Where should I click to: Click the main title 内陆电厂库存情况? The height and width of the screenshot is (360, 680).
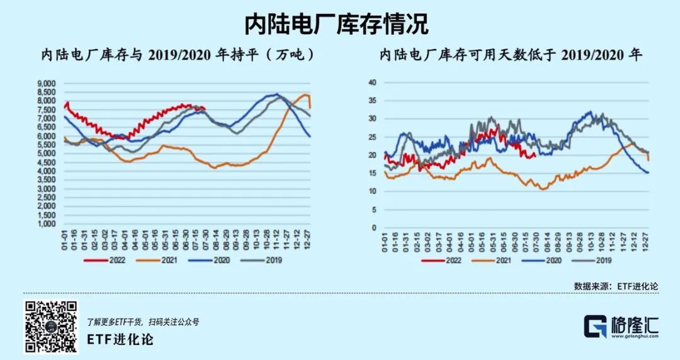pyautogui.click(x=337, y=25)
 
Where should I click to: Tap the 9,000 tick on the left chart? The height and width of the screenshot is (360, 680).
pyautogui.click(x=48, y=83)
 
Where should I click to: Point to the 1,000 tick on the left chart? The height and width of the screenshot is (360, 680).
pyautogui.click(x=48, y=224)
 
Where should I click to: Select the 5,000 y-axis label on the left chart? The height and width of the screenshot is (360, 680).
pyautogui.click(x=48, y=154)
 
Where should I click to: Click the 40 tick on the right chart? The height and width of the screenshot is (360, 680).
pyautogui.click(x=371, y=82)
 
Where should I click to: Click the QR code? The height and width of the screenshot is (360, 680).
pyautogui.click(x=51, y=327)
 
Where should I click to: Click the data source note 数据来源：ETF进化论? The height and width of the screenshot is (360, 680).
pyautogui.click(x=616, y=285)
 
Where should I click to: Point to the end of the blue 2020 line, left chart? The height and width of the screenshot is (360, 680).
pyautogui.click(x=310, y=137)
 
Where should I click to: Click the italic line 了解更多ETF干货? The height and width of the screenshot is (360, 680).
pyautogui.click(x=143, y=322)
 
